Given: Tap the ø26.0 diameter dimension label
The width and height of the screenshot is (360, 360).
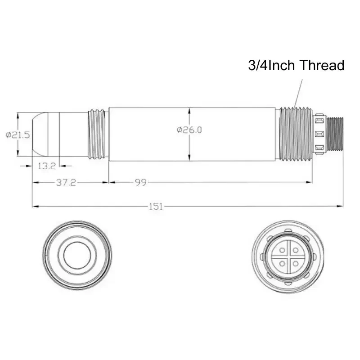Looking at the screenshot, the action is tap(189, 130).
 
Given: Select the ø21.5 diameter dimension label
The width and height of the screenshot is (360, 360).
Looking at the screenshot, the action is tap(18, 135).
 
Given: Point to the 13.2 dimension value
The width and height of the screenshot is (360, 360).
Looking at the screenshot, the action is tap(47, 166).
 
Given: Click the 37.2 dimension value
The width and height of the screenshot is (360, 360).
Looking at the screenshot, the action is tap(66, 183).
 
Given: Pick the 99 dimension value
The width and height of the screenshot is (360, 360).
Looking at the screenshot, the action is tap(140, 183).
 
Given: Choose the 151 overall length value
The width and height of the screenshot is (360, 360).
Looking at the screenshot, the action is tap(156, 207).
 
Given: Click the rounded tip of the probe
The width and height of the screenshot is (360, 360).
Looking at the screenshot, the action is tap(40, 134).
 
